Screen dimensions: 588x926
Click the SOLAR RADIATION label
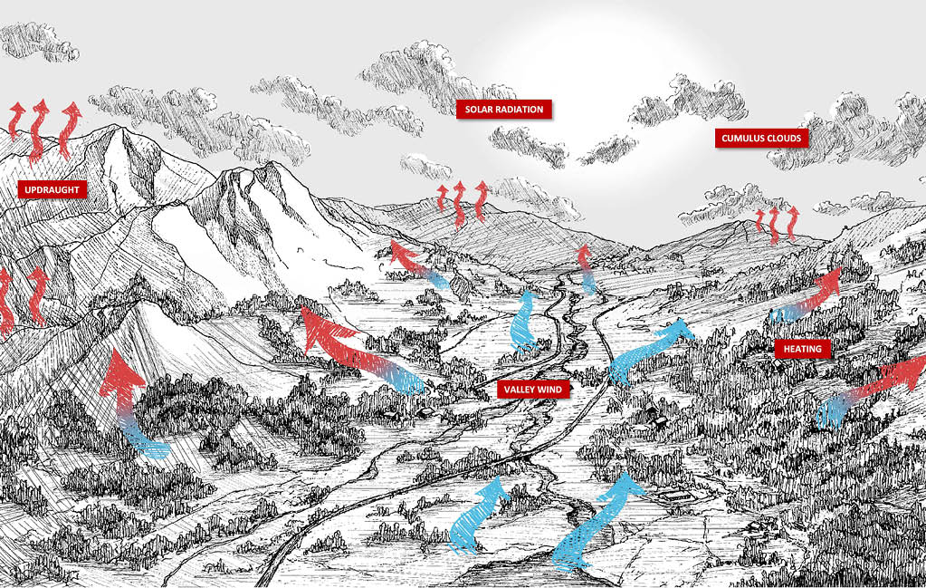coord(504,110)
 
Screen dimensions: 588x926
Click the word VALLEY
coord(520,390)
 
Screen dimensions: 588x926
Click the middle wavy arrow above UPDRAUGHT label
coord(39,130)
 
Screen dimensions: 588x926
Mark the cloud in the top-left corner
coord(36,41)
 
